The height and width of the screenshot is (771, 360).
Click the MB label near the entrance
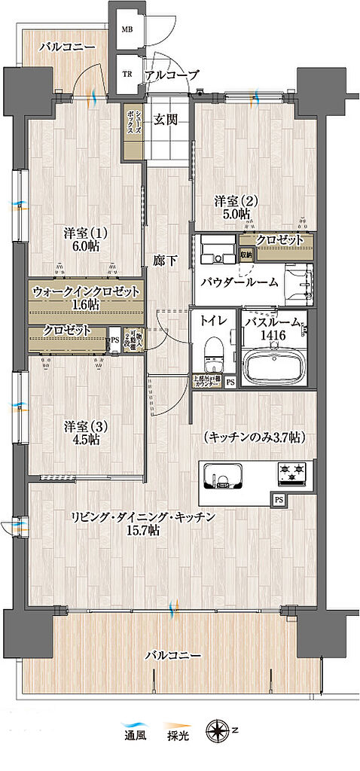pos(127,31)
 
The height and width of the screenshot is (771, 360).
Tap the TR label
pos(127,75)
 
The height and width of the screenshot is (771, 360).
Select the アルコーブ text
pos(172,75)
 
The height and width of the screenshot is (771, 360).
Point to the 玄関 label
pos(166,119)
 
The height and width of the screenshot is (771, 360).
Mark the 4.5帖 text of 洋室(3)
pos(85,440)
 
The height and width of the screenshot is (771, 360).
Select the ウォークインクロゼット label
pos(86,291)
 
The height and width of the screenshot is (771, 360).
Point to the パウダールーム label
pos(239,282)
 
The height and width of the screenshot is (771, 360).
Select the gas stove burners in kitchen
pos(294,473)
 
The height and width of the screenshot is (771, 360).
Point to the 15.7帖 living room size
pos(143,531)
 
